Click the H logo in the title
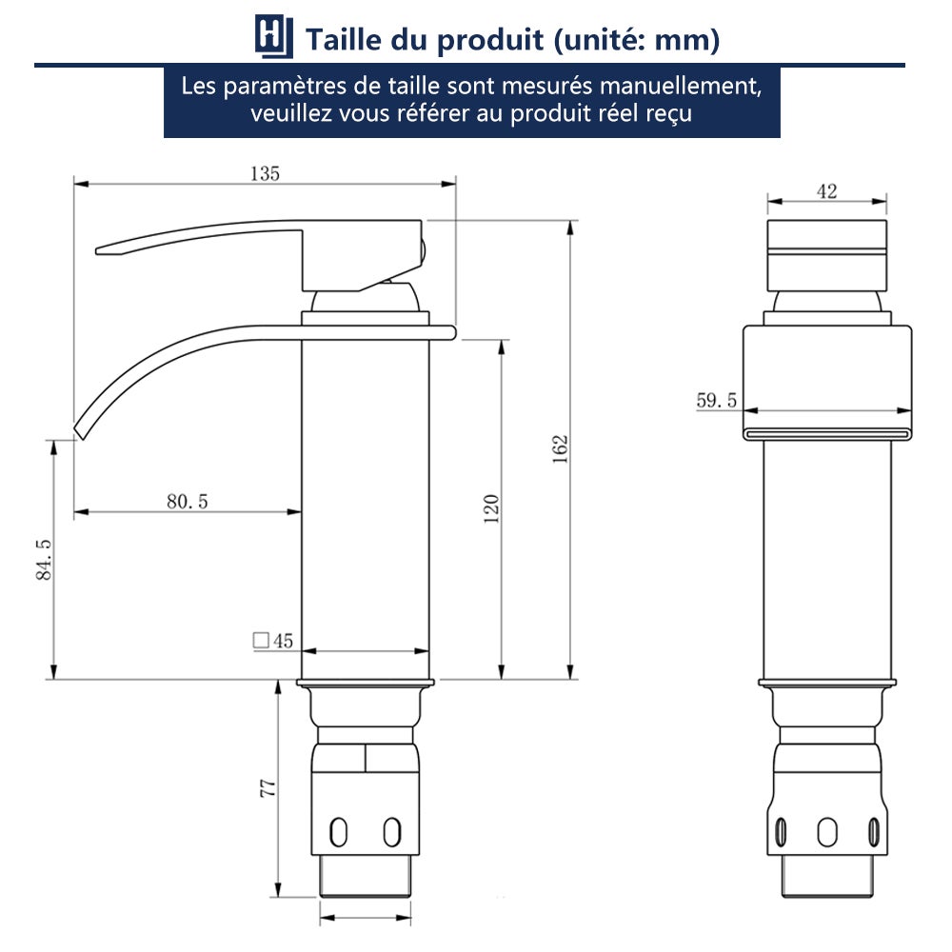[x=270, y=38]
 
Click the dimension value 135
[x=265, y=173]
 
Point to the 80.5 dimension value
[x=187, y=502]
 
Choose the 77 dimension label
[x=268, y=787]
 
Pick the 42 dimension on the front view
[x=826, y=191]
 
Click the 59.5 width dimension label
[x=716, y=401]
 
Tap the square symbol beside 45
[x=260, y=641]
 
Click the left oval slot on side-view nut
[x=337, y=831]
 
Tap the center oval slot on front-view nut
[x=827, y=831]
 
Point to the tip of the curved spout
[x=79, y=430]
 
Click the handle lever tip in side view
[x=101, y=251]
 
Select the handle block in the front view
[x=826, y=256]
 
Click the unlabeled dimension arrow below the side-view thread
[x=366, y=919]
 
